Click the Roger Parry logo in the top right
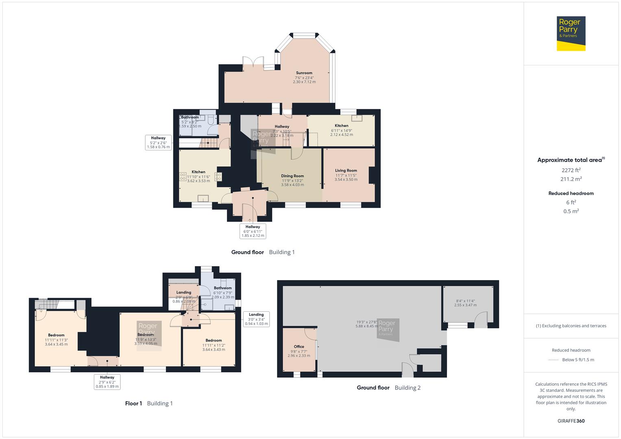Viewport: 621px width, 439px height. point(571,33)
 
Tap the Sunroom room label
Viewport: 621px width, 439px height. point(304,73)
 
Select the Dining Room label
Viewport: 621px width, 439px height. point(292,176)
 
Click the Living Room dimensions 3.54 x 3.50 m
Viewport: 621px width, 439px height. point(346,179)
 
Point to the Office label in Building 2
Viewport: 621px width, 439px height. point(299,347)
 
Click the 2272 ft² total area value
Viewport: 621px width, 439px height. point(571,170)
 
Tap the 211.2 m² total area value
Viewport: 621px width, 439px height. point(571,179)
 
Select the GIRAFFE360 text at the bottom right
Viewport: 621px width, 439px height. point(571,421)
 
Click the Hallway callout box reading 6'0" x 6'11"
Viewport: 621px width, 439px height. point(253,231)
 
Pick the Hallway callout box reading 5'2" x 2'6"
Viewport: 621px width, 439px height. point(158,142)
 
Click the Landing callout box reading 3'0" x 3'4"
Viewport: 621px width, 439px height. point(256,319)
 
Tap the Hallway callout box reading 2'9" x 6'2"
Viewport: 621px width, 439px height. point(107,382)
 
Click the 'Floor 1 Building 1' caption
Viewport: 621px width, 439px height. point(149,403)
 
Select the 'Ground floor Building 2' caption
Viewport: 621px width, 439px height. point(388,387)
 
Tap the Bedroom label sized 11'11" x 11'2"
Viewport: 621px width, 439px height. point(214,340)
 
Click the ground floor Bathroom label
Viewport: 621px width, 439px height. point(190,117)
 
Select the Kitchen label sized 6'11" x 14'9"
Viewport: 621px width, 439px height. point(341,126)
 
